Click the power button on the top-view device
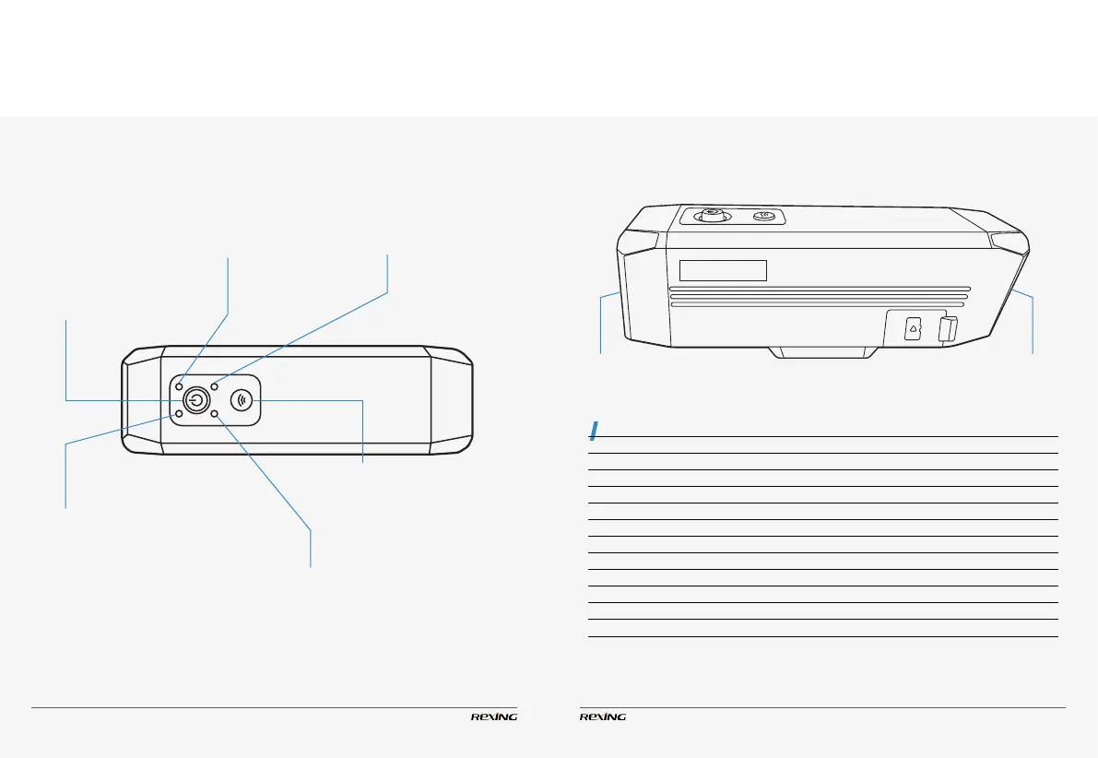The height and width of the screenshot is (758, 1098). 195,400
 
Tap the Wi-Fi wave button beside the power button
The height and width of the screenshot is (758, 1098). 242,400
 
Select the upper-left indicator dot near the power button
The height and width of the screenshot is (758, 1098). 179,386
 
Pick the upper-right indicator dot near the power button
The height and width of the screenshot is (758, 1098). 214,386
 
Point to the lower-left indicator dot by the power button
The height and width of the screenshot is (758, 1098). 179,415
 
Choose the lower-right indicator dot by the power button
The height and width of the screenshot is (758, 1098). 214,415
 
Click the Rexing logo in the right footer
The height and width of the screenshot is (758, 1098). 603,717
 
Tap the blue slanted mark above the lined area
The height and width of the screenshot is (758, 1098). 596,431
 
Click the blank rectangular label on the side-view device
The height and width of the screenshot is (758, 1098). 724,269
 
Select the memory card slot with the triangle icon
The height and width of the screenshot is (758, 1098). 913,328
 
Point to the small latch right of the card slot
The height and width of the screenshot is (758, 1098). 945,328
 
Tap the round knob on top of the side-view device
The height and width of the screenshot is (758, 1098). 711,217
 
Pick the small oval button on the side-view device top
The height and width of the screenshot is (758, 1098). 763,217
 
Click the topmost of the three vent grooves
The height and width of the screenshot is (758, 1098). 820,288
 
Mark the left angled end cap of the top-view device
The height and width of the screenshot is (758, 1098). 142,400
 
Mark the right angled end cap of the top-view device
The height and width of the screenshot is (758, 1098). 450,400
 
